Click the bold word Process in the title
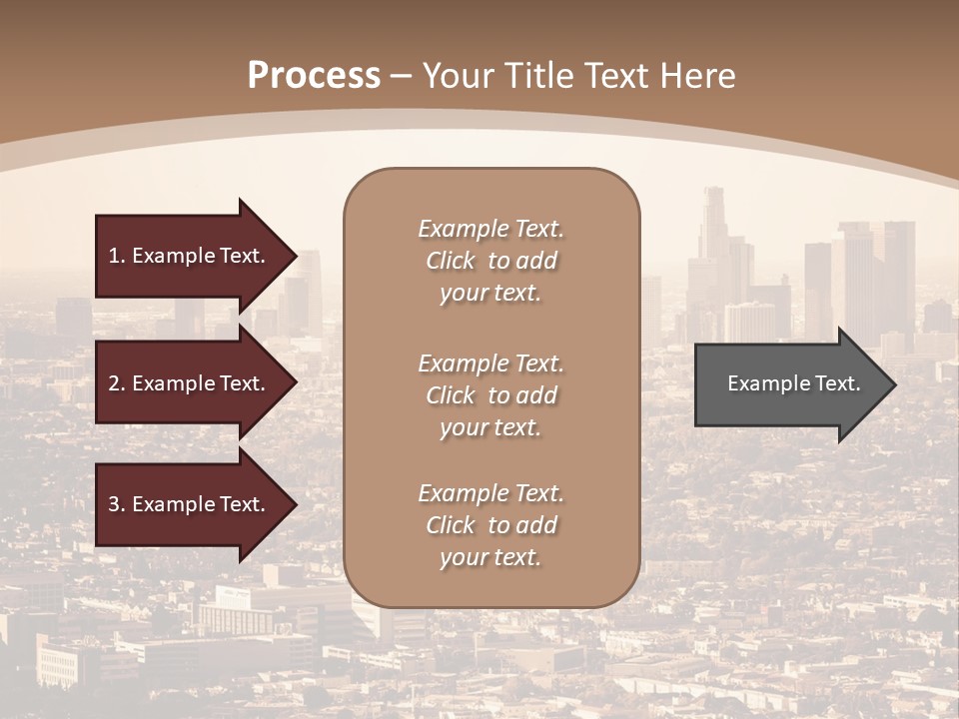[x=314, y=75]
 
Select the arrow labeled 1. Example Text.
[x=186, y=256]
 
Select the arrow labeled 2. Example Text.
[x=186, y=383]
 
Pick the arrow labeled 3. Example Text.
[x=186, y=504]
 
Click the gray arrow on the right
[x=789, y=384]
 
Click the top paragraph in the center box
[x=490, y=261]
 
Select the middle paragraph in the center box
[x=490, y=395]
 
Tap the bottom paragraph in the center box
[x=490, y=525]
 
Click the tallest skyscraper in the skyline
[x=713, y=230]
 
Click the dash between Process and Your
[x=402, y=76]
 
